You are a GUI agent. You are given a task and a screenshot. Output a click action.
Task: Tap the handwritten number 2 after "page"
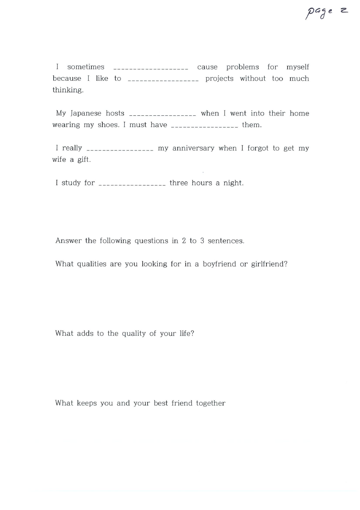(x=343, y=11)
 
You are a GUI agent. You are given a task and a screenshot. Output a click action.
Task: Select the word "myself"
(x=298, y=67)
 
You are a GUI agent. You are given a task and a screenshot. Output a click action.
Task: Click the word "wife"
(x=59, y=160)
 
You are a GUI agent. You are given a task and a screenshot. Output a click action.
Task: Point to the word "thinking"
(x=68, y=90)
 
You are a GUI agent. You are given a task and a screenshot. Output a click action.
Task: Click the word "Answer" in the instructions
(x=69, y=241)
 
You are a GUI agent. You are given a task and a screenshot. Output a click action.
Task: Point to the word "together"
(x=210, y=403)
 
